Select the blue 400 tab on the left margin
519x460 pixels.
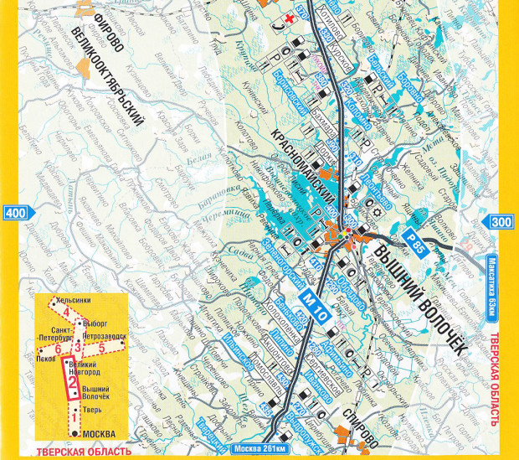pos(13,214)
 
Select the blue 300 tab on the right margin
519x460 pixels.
pos(501,222)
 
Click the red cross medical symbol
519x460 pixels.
pos(290,18)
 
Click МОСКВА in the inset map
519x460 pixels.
pos(95,434)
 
